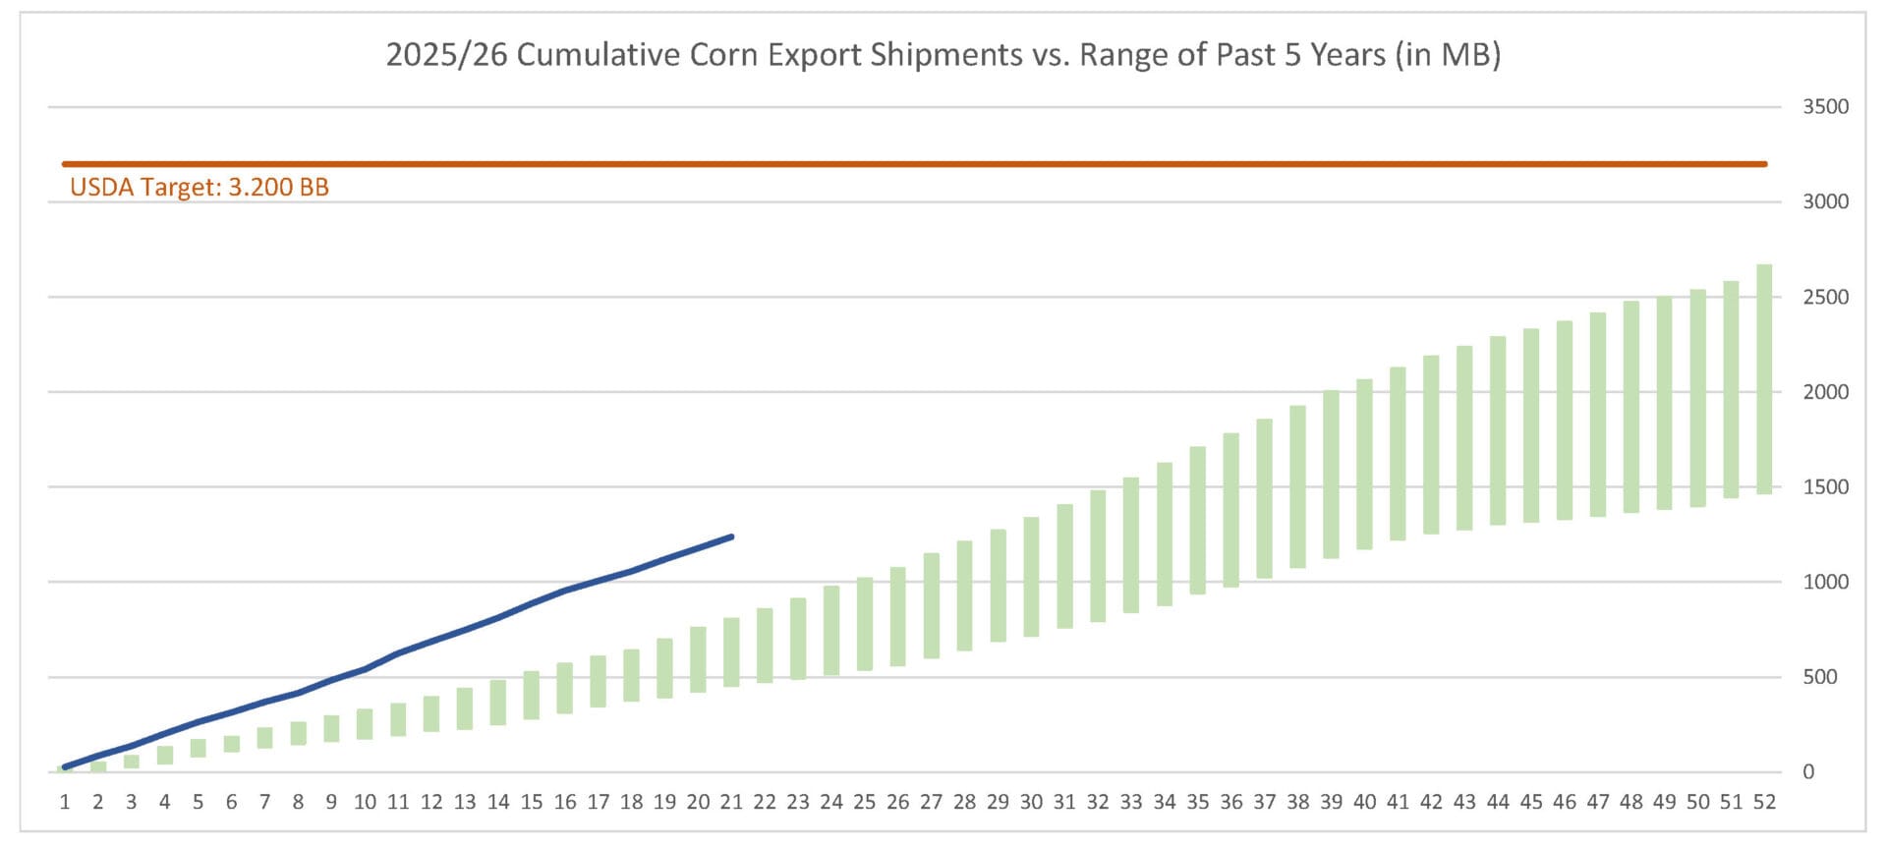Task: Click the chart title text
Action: point(943,55)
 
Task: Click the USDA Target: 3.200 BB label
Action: point(200,188)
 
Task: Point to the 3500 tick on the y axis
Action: point(1824,107)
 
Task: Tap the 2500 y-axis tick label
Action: point(1824,297)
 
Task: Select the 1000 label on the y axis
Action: point(1824,582)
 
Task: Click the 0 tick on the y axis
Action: point(1808,772)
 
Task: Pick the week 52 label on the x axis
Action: point(1764,803)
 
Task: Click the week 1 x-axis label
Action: point(65,803)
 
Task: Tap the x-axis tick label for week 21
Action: point(731,803)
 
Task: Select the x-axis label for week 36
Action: point(1230,803)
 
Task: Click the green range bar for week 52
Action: point(1764,379)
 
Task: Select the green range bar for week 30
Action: point(1031,577)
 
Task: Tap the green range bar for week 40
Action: point(1364,464)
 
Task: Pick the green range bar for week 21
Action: point(731,651)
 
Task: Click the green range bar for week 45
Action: point(1531,425)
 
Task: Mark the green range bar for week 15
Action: point(532,695)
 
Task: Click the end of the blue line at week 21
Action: point(731,537)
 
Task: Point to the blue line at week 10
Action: point(365,669)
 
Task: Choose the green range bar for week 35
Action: point(1198,521)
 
